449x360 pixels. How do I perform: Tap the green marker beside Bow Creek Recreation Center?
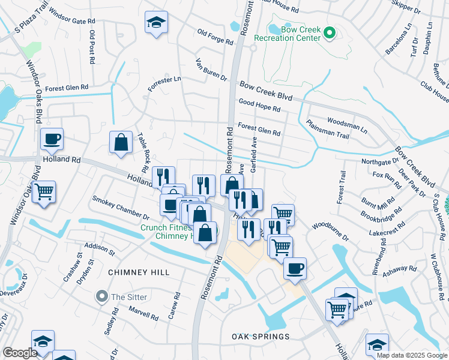coord(329,33)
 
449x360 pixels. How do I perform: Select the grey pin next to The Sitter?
coord(103,296)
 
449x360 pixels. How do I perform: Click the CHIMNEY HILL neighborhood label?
coord(139,272)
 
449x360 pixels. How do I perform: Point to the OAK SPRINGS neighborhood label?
coord(261,337)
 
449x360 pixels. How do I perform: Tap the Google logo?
coord(20,353)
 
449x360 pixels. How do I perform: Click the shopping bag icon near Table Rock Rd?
coord(121,143)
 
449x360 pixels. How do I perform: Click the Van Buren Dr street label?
coord(211,70)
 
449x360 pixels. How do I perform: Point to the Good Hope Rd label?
coord(259,106)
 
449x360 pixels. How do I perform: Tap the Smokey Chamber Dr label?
coord(120,208)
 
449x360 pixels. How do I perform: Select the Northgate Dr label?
coord(380,161)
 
